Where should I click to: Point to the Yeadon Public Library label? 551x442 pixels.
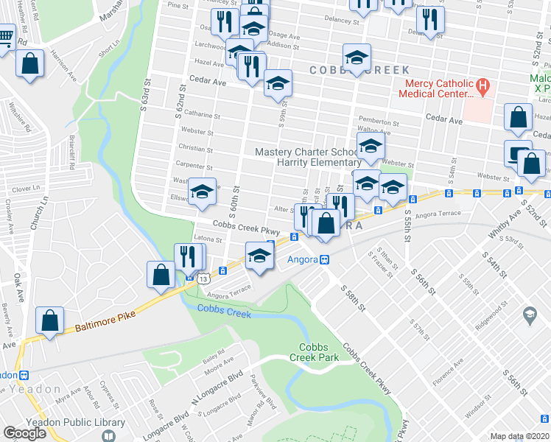click(65, 422)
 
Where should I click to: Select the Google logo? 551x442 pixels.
click(24, 432)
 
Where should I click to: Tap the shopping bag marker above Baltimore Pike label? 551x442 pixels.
click(49, 321)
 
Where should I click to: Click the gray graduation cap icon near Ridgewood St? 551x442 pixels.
click(529, 315)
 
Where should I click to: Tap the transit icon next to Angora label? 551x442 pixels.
click(323, 259)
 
